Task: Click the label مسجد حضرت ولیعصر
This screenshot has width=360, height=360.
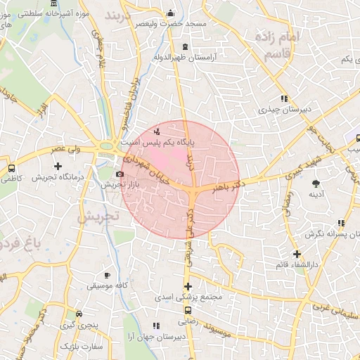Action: click(x=176, y=24)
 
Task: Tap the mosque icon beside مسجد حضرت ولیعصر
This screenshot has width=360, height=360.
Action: click(x=170, y=13)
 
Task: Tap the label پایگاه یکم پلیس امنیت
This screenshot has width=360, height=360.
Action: click(x=159, y=141)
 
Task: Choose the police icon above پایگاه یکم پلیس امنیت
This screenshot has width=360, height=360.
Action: click(x=157, y=131)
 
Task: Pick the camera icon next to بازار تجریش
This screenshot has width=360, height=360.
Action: click(x=120, y=174)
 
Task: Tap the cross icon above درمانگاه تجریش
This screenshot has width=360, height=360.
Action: click(x=58, y=165)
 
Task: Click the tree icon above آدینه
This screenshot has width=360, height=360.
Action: click(x=314, y=183)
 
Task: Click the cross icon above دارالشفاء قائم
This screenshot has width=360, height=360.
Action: click(x=297, y=254)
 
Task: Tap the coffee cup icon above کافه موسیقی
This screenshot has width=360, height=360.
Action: click(x=108, y=275)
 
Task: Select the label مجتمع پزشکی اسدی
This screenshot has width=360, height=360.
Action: click(x=188, y=297)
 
